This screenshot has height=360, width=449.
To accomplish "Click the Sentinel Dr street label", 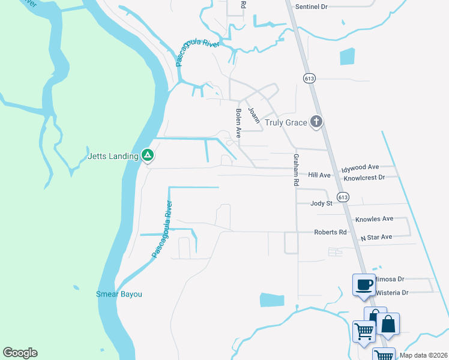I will click(x=312, y=7).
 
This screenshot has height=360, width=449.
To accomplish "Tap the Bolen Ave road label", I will click(x=238, y=122).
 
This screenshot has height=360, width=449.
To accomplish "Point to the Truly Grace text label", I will click(x=286, y=123).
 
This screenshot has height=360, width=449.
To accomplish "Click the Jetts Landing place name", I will click(x=113, y=156).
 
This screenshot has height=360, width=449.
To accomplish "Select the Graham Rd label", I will click(x=296, y=169).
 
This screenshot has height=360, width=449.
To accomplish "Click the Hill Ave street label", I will click(x=319, y=175).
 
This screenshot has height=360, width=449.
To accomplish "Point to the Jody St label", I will click(x=321, y=203).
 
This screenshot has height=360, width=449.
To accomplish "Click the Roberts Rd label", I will click(x=330, y=232).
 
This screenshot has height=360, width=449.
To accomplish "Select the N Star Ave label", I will click(x=376, y=238).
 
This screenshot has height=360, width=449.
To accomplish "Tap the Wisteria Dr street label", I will click(x=391, y=293).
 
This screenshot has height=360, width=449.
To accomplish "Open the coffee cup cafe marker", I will click(x=363, y=284).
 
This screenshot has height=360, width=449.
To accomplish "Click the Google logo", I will click(x=20, y=353).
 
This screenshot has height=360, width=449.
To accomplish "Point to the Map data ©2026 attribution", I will click(x=423, y=355).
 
